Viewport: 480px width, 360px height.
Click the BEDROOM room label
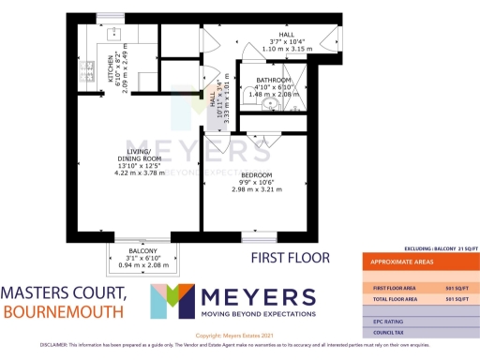click(255, 175)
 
